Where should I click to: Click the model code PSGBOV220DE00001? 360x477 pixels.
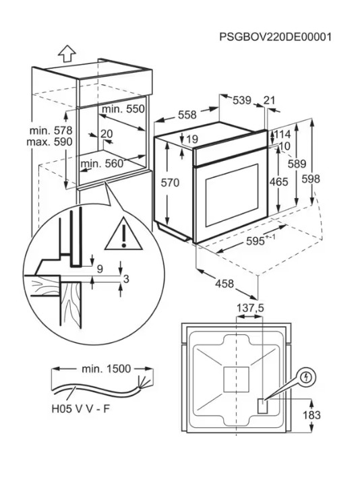[275, 37]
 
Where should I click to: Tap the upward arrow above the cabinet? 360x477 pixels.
[67, 53]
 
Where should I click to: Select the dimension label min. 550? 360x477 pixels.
[123, 109]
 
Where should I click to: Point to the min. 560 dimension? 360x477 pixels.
[102, 164]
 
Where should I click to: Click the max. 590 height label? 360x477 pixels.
[49, 141]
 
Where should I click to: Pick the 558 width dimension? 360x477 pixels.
[187, 115]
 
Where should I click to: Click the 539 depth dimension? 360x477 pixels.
[242, 100]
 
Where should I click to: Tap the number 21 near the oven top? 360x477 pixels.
[269, 100]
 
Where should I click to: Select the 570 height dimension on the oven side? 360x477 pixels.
[170, 183]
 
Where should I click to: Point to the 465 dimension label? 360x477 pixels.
[278, 182]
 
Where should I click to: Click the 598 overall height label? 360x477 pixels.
[311, 179]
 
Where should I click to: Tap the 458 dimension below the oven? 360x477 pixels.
[224, 284]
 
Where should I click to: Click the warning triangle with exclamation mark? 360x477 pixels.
[123, 234]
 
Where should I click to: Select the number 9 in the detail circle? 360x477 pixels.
[100, 269]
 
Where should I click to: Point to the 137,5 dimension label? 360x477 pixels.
[250, 308]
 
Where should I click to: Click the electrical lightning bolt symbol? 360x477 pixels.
[305, 377]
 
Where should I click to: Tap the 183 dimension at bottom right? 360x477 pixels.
[311, 415]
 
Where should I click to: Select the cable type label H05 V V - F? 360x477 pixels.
[80, 409]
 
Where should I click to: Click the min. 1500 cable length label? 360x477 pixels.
[107, 369]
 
